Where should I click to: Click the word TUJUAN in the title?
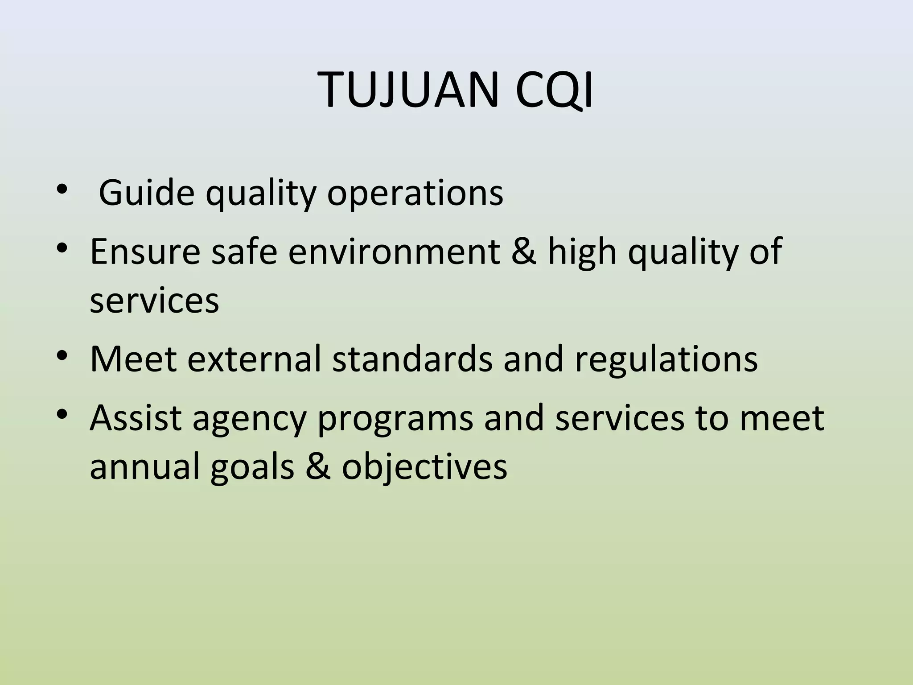[x=407, y=91]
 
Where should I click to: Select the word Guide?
[x=147, y=193]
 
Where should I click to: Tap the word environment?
[x=394, y=252]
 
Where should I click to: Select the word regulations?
[x=666, y=359]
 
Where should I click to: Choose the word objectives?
[x=424, y=468]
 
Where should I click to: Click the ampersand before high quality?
[x=524, y=252]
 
